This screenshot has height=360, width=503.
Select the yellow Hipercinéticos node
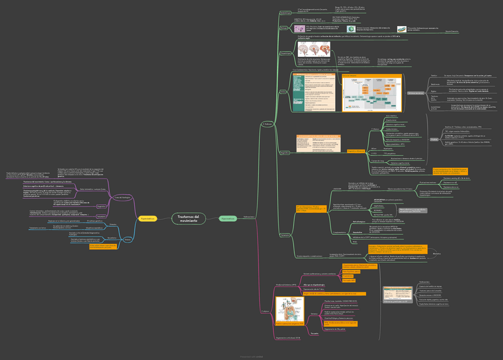148,219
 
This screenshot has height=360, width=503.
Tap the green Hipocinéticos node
228,219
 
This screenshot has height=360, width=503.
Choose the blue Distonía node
128,239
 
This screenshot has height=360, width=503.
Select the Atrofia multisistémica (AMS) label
285,285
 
